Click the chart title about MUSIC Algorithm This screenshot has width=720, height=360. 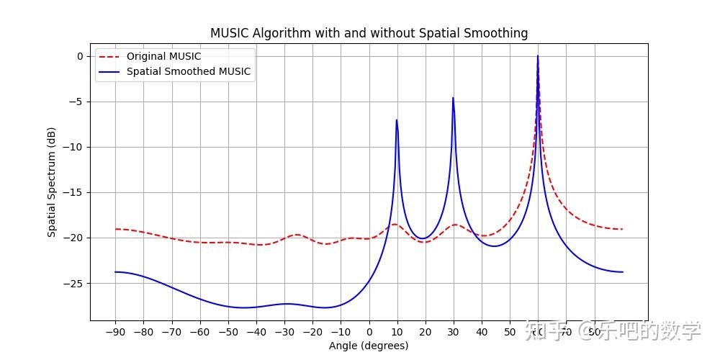[369, 33]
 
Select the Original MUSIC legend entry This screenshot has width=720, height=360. [163, 56]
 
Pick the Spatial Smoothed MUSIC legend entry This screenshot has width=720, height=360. [188, 71]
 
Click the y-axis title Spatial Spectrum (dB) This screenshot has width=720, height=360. [52, 182]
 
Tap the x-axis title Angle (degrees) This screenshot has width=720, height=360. [369, 346]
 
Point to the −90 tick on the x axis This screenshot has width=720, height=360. [115, 332]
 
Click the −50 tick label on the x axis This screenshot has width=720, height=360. [228, 332]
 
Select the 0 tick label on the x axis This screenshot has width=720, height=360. [369, 332]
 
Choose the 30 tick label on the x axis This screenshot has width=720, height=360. [454, 332]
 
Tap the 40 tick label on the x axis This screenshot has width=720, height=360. [482, 332]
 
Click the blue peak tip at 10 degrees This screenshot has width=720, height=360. [397, 120]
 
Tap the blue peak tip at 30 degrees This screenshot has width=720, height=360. [453, 98]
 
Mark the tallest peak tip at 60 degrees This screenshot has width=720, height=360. [537, 56]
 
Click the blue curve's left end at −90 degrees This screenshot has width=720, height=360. [115, 271]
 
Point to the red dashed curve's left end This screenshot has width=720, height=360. [115, 229]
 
